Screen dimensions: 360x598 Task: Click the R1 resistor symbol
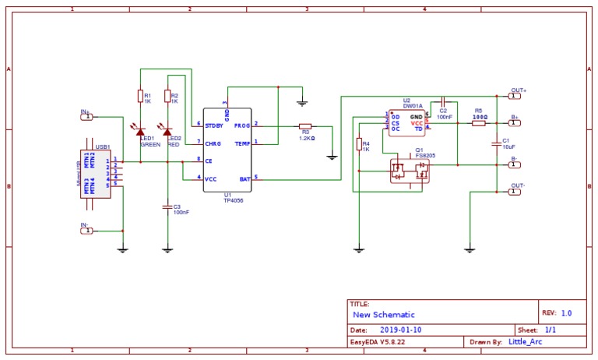pyautogui.click(x=140, y=97)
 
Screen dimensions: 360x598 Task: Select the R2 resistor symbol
pyautogui.click(x=167, y=97)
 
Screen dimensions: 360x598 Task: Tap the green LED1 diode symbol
pyautogui.click(x=140, y=132)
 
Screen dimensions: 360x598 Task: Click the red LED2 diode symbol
pyautogui.click(x=167, y=132)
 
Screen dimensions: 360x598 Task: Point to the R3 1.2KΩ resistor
pyautogui.click(x=305, y=125)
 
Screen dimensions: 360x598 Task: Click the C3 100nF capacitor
pyautogui.click(x=167, y=207)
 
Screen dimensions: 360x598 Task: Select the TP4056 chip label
pyautogui.click(x=227, y=199)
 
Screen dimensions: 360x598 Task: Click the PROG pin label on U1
pyautogui.click(x=242, y=125)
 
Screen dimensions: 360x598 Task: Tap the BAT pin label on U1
pyautogui.click(x=245, y=178)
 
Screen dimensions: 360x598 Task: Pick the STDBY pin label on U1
pyautogui.click(x=214, y=125)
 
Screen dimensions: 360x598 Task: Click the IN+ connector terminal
pyautogui.click(x=87, y=117)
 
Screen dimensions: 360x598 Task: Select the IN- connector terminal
pyautogui.click(x=87, y=231)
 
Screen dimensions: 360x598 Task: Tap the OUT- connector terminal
pyautogui.click(x=515, y=191)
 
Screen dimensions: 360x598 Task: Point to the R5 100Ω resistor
pyautogui.click(x=479, y=122)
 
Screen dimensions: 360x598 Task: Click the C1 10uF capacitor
pyautogui.click(x=496, y=143)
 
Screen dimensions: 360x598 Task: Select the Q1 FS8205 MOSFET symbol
pyautogui.click(x=410, y=171)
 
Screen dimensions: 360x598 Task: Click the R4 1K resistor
pyautogui.click(x=359, y=143)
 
